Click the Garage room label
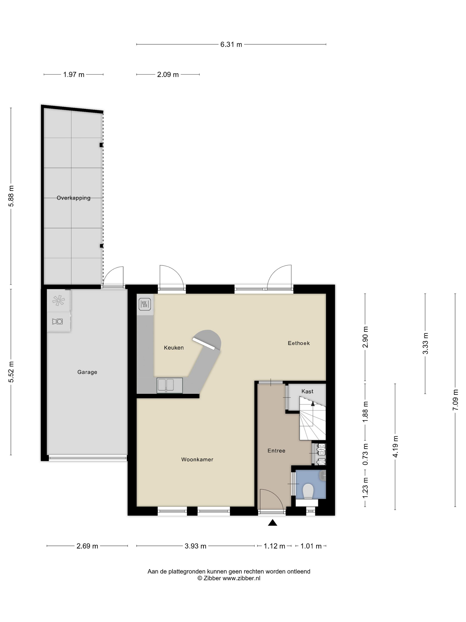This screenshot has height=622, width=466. [87, 372]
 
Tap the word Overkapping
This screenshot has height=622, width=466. [74, 198]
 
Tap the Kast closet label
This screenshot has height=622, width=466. [307, 391]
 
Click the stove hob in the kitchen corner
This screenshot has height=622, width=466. [145, 304]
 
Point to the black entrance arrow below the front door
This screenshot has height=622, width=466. [272, 523]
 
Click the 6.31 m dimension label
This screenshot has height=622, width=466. [231, 44]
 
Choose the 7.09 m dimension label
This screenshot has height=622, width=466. [455, 400]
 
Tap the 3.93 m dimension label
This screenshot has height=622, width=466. [195, 546]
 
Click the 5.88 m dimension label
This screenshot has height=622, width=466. [11, 196]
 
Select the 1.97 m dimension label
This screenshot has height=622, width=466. [74, 74]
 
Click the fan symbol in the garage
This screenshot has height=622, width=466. [58, 300]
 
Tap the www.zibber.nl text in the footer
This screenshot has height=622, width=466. [241, 578]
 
